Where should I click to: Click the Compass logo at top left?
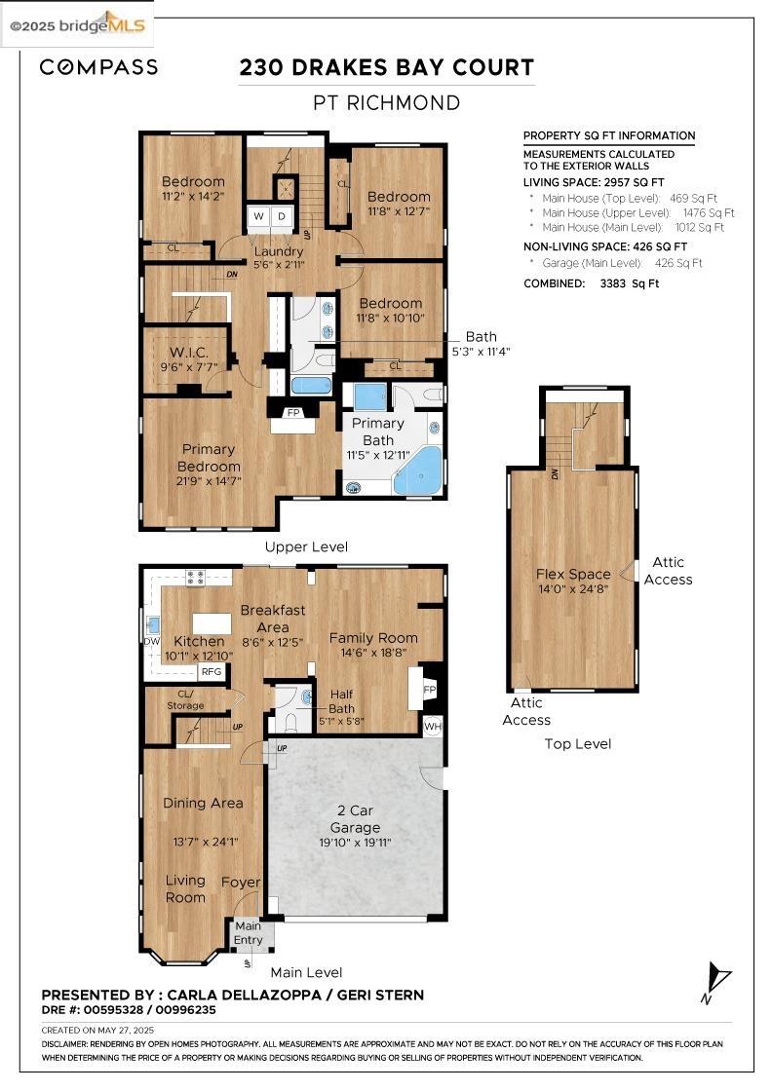(x=98, y=67)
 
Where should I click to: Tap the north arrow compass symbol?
(x=717, y=981)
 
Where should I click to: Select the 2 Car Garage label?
(x=355, y=818)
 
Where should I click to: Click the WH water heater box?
(x=433, y=725)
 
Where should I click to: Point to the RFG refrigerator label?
(x=211, y=671)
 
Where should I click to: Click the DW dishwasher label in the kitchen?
(x=151, y=641)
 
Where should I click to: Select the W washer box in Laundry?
(x=259, y=216)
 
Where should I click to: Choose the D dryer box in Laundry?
(x=282, y=216)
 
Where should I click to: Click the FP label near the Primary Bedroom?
(x=292, y=413)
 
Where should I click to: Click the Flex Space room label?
(x=573, y=574)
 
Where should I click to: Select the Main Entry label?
(x=249, y=932)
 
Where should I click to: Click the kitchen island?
(x=212, y=622)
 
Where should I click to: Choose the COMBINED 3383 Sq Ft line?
(x=591, y=283)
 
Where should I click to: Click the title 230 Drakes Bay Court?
(x=386, y=67)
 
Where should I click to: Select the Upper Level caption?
(x=306, y=546)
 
